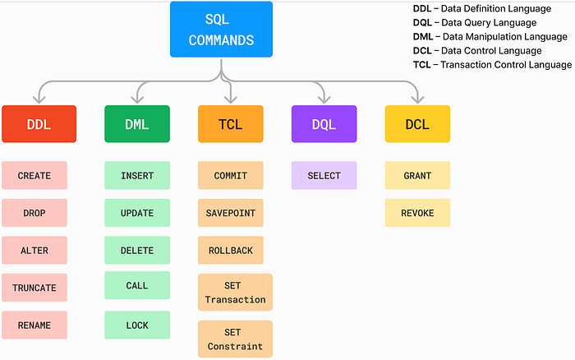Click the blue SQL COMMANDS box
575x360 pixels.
click(x=221, y=30)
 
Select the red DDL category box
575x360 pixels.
click(x=39, y=124)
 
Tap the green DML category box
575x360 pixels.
click(x=137, y=124)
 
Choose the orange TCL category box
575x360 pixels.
click(x=230, y=124)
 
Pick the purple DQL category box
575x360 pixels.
click(x=324, y=124)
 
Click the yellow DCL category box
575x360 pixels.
click(x=417, y=124)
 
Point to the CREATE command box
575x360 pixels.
click(x=34, y=175)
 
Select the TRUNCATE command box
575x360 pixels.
click(x=34, y=288)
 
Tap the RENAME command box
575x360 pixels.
click(x=34, y=325)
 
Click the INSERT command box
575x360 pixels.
click(x=137, y=175)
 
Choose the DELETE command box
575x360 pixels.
click(x=137, y=250)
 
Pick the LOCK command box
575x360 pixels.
click(x=137, y=325)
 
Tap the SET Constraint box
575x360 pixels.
click(x=235, y=339)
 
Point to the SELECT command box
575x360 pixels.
click(x=324, y=175)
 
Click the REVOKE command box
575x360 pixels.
click(x=417, y=213)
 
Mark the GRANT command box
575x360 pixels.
click(x=417, y=175)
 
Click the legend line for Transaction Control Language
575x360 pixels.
click(x=491, y=64)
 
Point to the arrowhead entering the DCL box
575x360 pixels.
click(x=417, y=101)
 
